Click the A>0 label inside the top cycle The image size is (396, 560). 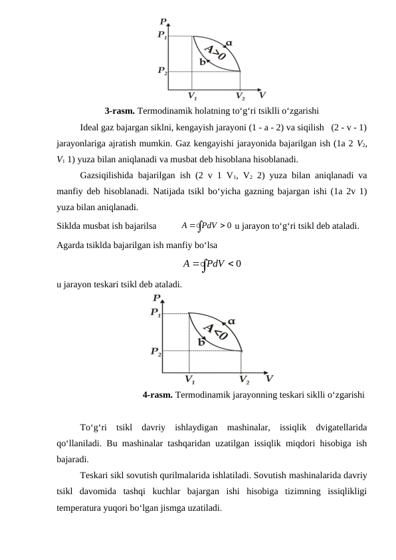[214, 53]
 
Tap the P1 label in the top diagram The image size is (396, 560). [162, 35]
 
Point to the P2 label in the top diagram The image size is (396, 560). [162, 70]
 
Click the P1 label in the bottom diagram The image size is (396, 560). [156, 313]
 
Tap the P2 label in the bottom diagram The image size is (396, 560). [156, 350]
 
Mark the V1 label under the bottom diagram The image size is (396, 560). [189, 380]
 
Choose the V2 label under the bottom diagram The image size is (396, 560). [245, 380]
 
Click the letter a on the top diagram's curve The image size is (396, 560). [229, 43]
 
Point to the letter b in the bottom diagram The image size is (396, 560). [201, 341]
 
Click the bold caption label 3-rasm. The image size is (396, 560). [120, 111]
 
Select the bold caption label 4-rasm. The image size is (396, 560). [157, 394]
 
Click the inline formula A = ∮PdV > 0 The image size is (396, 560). [206, 225]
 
